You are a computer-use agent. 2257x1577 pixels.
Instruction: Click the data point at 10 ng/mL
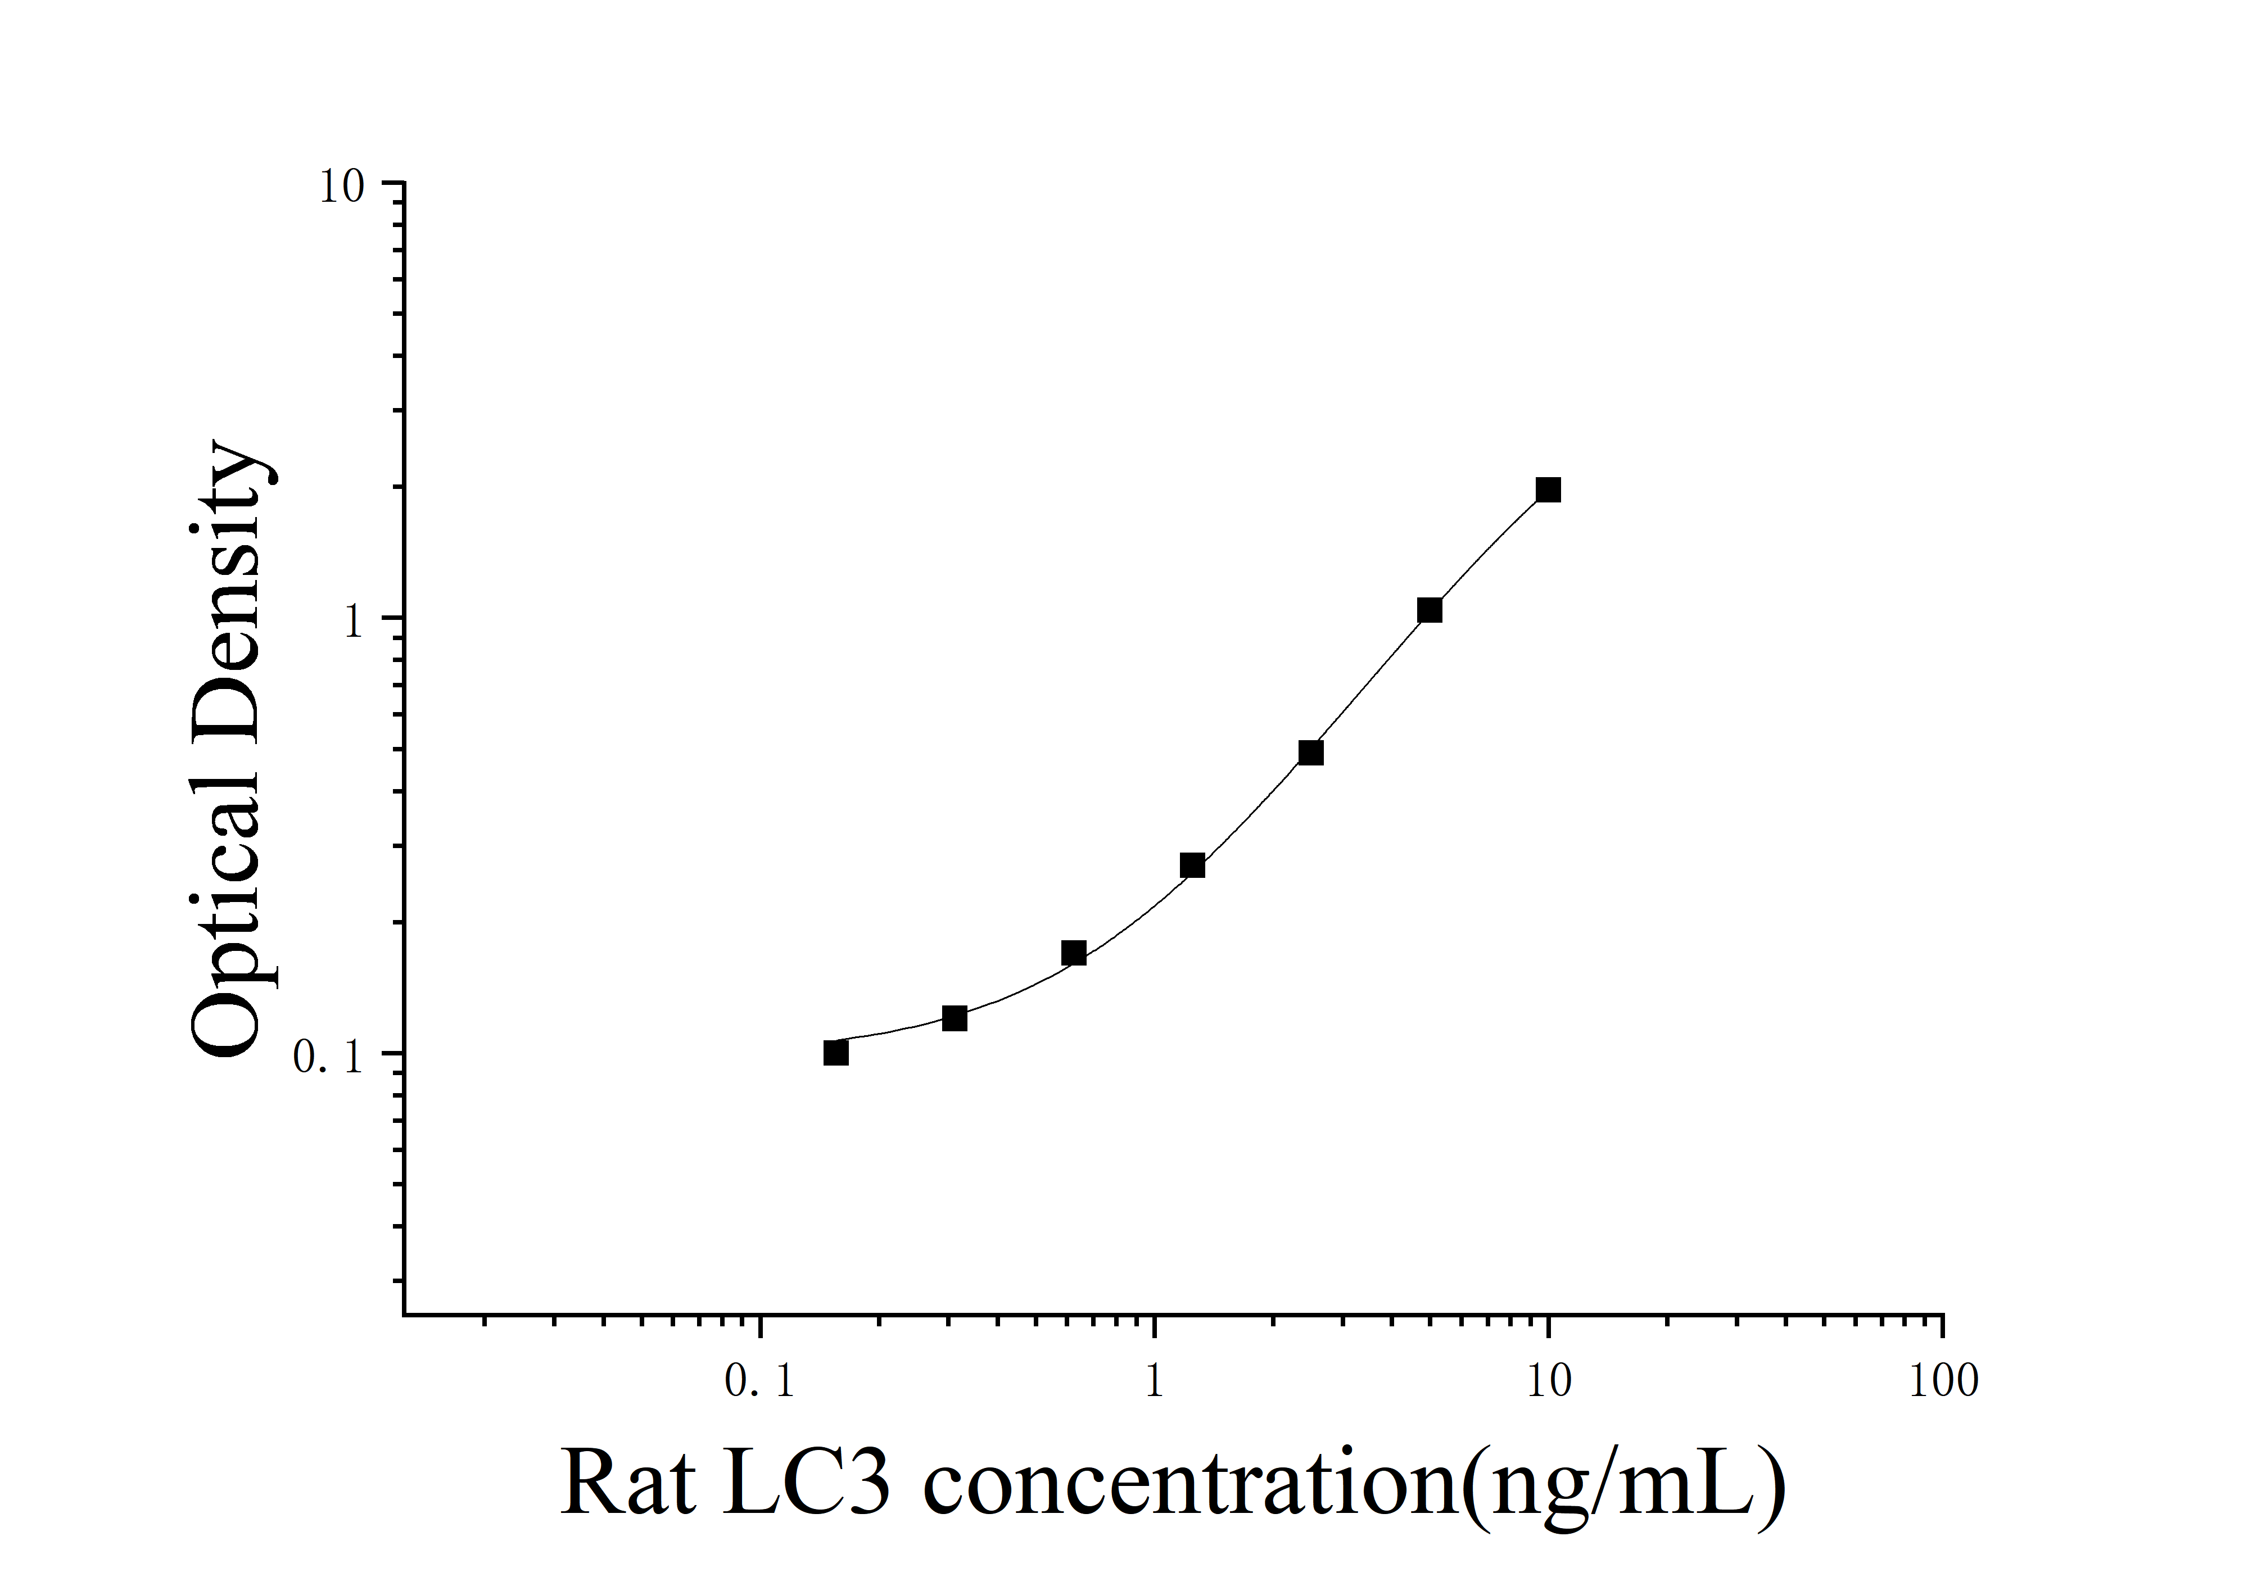pos(1548,490)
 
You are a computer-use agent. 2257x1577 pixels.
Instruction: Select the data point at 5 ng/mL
pos(1430,610)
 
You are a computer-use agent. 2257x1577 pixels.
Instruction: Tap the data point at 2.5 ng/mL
pos(1310,753)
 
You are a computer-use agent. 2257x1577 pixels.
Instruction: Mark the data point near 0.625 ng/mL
pos(1074,953)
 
